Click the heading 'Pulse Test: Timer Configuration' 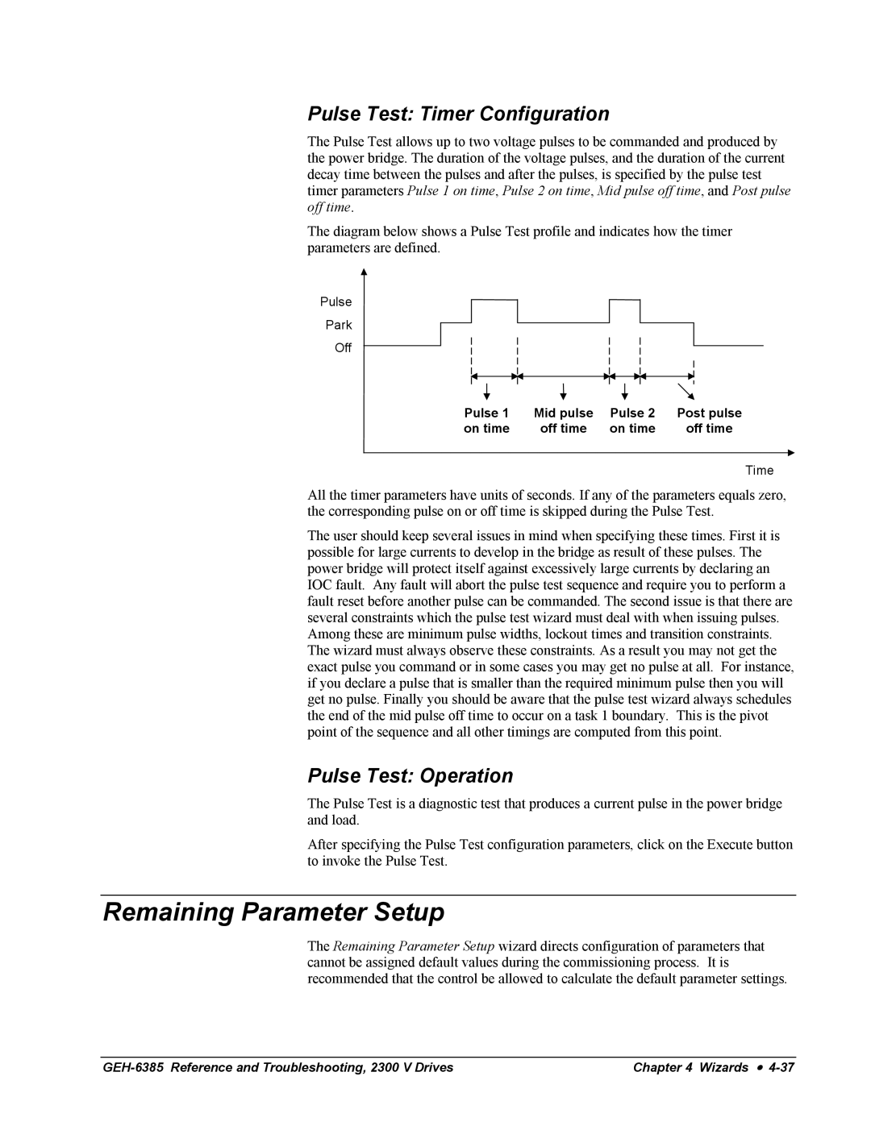pyautogui.click(x=458, y=114)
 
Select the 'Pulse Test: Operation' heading pyautogui.click(x=410, y=775)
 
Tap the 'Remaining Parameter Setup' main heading pyautogui.click(x=273, y=912)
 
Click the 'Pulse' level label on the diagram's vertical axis pyautogui.click(x=335, y=301)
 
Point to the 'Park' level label pyautogui.click(x=339, y=325)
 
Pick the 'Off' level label pyautogui.click(x=343, y=348)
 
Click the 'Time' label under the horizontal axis pyautogui.click(x=759, y=471)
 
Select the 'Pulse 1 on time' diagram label pyautogui.click(x=486, y=421)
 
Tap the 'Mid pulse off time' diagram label pyautogui.click(x=563, y=421)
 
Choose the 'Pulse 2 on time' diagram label pyautogui.click(x=632, y=421)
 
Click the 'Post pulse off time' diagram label pyautogui.click(x=709, y=421)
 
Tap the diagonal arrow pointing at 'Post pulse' pyautogui.click(x=686, y=391)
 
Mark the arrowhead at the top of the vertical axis pyautogui.click(x=365, y=273)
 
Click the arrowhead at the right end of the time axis pyautogui.click(x=790, y=453)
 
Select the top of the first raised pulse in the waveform pyautogui.click(x=494, y=300)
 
